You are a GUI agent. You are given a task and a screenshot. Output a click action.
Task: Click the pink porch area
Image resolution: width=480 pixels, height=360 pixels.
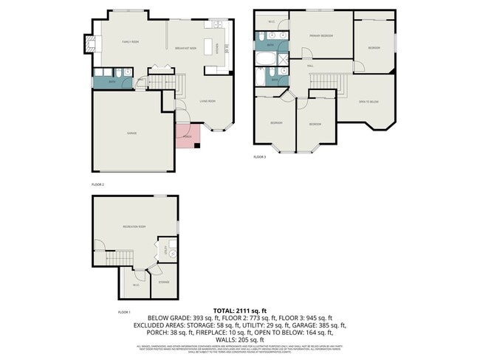186,134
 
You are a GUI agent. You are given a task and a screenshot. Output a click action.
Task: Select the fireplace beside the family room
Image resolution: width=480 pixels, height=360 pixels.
90,44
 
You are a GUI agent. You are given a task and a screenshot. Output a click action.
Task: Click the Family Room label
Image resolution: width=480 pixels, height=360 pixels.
131,43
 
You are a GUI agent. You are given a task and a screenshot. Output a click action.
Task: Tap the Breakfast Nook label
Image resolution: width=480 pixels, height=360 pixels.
188,47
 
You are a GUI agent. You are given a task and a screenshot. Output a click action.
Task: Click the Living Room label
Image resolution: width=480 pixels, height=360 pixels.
207,101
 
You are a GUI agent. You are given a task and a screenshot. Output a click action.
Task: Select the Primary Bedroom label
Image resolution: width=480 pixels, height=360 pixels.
320,35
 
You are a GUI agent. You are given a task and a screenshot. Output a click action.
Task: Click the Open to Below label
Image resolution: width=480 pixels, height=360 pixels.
368,102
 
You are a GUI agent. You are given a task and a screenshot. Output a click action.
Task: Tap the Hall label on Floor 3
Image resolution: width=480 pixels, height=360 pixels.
311,66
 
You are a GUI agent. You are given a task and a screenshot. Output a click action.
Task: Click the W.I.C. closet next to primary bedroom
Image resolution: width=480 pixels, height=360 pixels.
271,21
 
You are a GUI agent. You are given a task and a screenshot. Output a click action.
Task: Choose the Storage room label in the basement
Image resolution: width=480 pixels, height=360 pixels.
163,282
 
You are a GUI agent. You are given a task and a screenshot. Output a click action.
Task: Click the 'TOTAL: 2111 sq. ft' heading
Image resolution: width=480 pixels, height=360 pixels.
240,310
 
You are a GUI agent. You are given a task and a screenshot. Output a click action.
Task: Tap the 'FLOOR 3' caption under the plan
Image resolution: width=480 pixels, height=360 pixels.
260,157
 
